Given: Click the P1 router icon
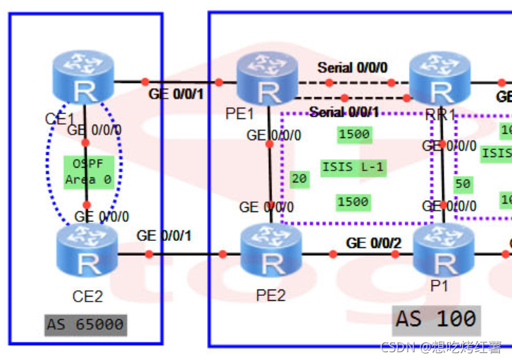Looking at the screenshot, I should [x=444, y=254].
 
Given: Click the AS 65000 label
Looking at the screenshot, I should [x=85, y=325].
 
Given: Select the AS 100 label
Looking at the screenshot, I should [x=436, y=318].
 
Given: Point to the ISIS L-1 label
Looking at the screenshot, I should [x=354, y=167].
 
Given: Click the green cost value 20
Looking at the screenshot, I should [x=299, y=179].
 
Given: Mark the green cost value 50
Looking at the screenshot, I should [x=463, y=184].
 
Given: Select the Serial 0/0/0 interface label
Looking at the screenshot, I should [x=352, y=68].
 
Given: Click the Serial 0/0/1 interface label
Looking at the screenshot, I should [x=344, y=112].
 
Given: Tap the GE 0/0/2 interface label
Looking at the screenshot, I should [x=373, y=243].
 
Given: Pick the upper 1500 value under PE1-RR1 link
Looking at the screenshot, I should [x=354, y=134].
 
